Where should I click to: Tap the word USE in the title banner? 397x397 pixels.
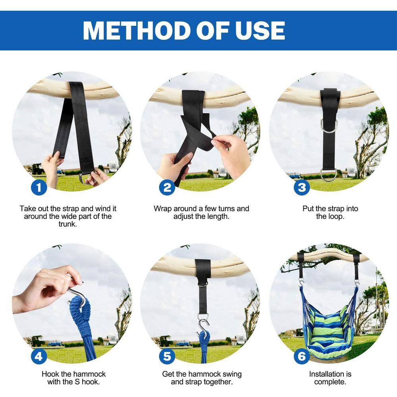260,31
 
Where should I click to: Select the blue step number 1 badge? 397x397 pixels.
39,187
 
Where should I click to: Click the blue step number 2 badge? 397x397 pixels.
167,187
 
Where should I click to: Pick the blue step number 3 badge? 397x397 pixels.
302,187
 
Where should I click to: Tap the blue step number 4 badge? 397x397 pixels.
39,357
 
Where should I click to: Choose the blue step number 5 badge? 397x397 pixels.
167,357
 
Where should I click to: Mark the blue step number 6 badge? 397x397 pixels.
302,357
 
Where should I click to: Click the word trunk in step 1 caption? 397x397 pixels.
67,224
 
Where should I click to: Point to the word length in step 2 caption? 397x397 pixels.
217,216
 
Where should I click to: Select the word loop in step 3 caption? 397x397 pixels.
336,216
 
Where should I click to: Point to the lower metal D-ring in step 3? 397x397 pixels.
328,175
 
